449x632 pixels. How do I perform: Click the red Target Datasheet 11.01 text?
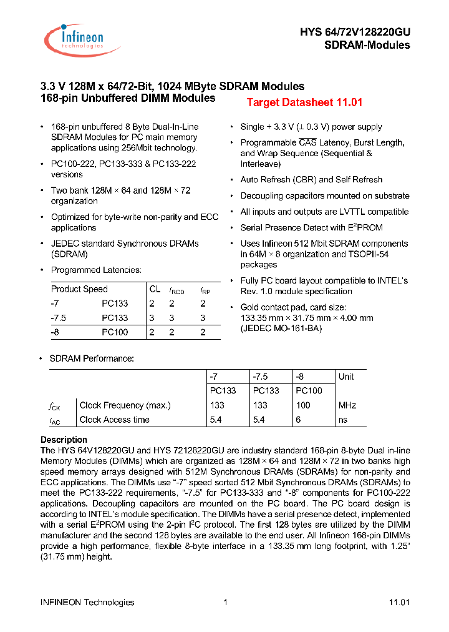click(304, 102)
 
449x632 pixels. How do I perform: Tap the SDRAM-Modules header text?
click(367, 45)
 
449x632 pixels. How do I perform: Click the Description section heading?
click(64, 440)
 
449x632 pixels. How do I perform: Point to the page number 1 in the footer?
click(225, 602)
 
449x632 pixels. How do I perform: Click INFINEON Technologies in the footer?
click(87, 602)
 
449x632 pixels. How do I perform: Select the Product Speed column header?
click(79, 289)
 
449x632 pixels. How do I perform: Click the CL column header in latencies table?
click(155, 289)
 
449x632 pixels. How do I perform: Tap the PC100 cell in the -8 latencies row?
click(115, 332)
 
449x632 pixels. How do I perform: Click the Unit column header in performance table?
click(346, 377)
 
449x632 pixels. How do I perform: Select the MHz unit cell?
click(347, 405)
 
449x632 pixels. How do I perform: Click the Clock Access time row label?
click(115, 420)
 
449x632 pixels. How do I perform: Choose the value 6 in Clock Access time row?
click(298, 420)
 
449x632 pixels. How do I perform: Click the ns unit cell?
click(343, 420)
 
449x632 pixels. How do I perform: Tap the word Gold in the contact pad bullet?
click(251, 307)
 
